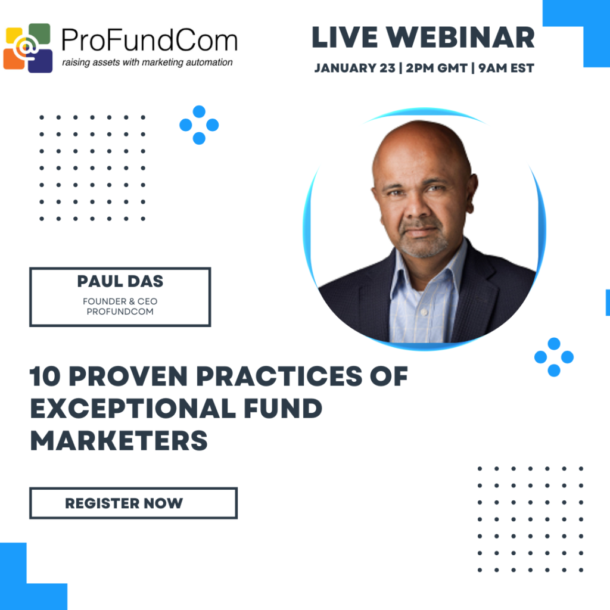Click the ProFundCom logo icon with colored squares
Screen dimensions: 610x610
(28, 48)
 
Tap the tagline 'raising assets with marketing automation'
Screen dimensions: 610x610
(148, 63)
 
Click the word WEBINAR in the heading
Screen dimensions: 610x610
(460, 38)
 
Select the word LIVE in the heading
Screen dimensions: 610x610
(345, 38)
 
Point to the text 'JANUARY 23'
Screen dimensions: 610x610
(355, 68)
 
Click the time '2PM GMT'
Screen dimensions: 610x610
(437, 68)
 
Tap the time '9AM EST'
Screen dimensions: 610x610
(506, 68)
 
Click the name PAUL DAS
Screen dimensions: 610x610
(120, 281)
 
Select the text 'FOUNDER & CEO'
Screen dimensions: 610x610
(120, 301)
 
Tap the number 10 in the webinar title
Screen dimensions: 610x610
(45, 376)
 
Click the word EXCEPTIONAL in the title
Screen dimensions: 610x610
(133, 409)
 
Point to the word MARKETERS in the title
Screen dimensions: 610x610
(119, 441)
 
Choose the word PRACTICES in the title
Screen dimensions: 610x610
(279, 376)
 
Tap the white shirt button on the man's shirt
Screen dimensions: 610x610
(424, 312)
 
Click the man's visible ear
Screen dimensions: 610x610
(472, 194)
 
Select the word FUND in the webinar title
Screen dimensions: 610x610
(283, 409)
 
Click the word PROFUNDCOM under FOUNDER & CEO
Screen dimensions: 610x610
(120, 312)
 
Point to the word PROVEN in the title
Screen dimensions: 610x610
(129, 376)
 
